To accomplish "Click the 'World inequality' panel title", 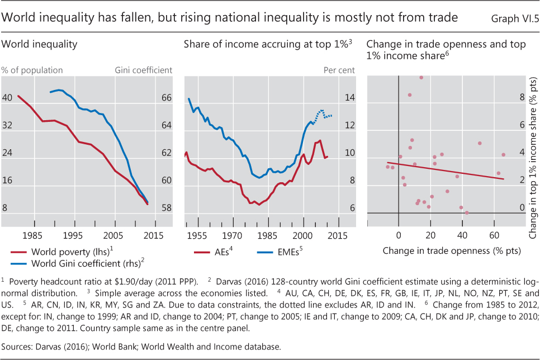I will click(x=40, y=44).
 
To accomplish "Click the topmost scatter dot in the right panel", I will click(x=421, y=77).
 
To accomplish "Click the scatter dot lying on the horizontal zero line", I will click(x=467, y=213).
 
